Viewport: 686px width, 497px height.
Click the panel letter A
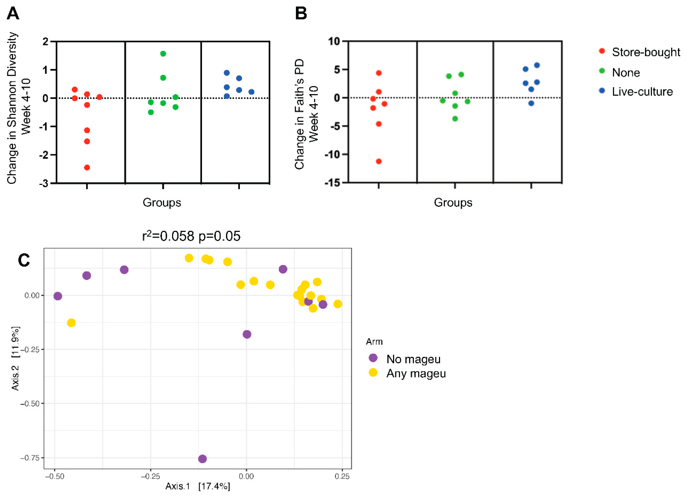coord(13,14)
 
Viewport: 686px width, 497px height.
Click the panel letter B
coord(301,14)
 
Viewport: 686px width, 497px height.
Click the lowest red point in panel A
coord(87,168)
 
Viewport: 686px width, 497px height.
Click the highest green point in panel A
coord(163,54)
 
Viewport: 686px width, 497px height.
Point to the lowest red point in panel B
coord(379,161)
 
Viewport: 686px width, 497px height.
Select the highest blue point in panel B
coord(537,65)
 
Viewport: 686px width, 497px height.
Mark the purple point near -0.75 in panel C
coord(202,459)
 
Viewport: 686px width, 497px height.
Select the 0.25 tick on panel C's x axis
coord(342,477)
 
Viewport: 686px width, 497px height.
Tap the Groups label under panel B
coord(453,203)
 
